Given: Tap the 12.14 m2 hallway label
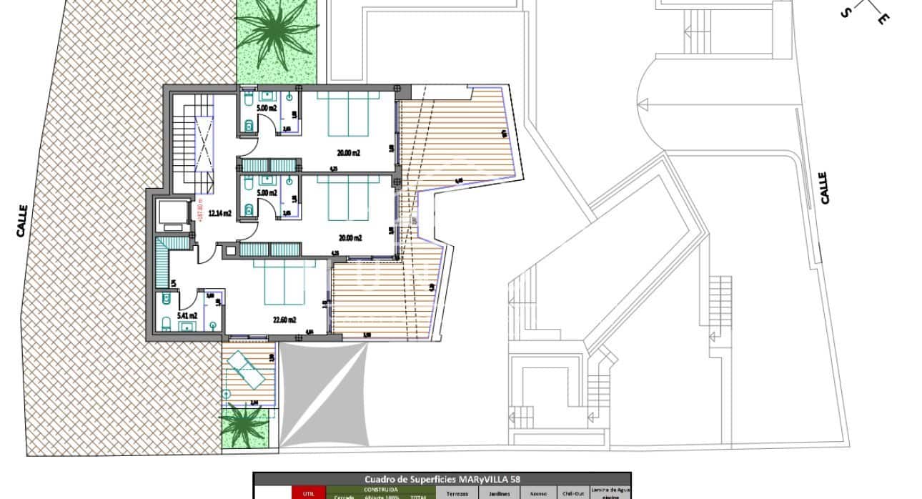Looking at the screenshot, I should point(219,213).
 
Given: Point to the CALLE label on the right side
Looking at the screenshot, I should point(824,187).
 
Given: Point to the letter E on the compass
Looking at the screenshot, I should point(883,19).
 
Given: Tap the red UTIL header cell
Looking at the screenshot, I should point(309,493).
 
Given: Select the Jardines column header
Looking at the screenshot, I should point(500,493).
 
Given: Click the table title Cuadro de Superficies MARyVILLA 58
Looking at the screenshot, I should point(442,479).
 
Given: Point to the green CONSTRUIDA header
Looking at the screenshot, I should point(381,489).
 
